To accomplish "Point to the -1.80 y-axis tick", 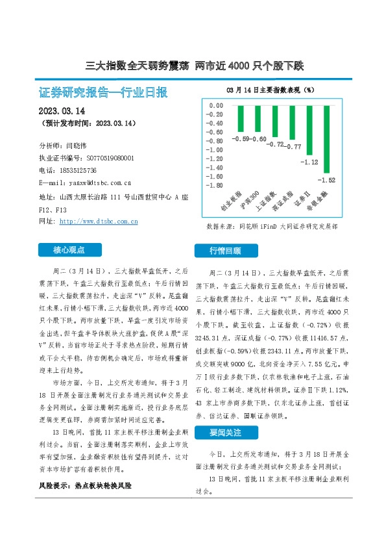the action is pyautogui.click(x=214, y=185).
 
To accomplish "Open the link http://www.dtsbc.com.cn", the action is pyautogui.click(x=98, y=222).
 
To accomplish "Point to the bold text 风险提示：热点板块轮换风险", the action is pyautogui.click(x=87, y=485).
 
